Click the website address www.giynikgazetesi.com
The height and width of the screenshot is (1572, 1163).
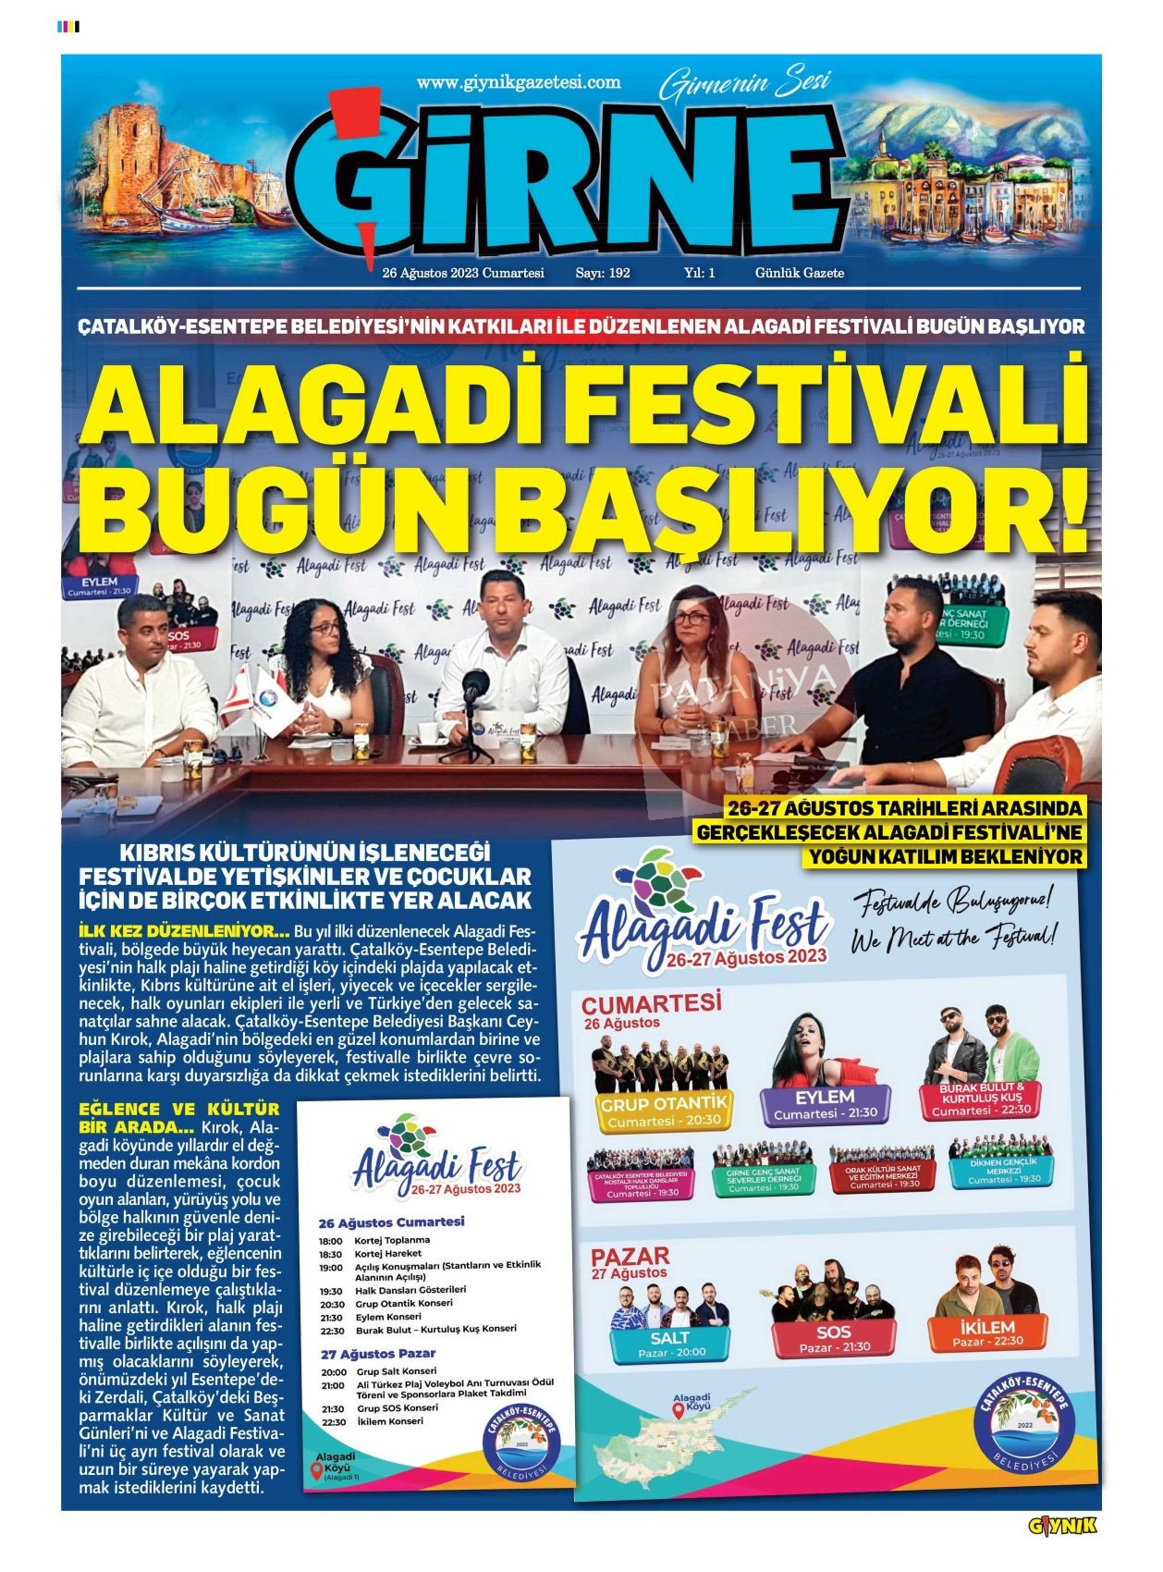click(518, 82)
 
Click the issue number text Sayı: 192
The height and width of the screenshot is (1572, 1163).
click(603, 274)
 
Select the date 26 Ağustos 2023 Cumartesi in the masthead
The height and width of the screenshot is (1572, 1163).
click(463, 274)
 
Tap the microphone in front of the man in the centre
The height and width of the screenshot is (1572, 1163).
click(475, 686)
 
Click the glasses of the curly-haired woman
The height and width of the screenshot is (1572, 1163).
click(324, 628)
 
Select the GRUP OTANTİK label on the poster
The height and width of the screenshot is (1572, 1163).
click(663, 1103)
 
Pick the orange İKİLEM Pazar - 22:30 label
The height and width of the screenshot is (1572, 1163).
click(987, 1333)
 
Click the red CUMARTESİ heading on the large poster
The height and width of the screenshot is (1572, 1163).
click(651, 1002)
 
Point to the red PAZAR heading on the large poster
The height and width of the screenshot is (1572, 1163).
click(630, 1257)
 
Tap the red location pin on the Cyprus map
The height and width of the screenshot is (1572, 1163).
click(679, 1411)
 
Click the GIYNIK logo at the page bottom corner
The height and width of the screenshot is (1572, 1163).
click(1062, 1525)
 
